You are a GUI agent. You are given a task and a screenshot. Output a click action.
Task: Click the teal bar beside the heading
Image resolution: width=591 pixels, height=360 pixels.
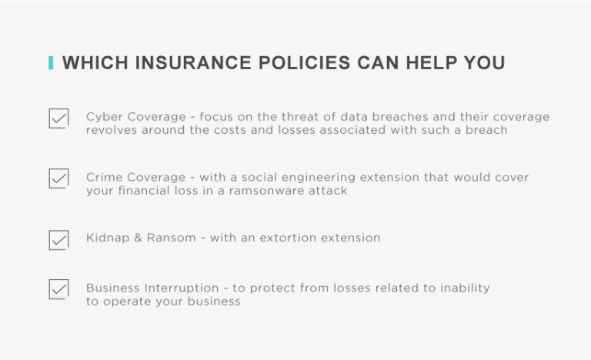pyautogui.click(x=51, y=63)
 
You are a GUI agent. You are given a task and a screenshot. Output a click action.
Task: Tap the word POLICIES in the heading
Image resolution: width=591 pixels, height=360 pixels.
pyautogui.click(x=302, y=63)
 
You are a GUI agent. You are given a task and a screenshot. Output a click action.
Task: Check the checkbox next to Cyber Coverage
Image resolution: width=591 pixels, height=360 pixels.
pyautogui.click(x=58, y=118)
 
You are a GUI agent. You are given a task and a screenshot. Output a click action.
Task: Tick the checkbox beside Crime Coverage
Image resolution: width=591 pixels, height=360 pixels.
pyautogui.click(x=58, y=178)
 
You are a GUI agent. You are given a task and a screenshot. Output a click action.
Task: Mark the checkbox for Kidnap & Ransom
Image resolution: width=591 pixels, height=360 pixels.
pyautogui.click(x=58, y=239)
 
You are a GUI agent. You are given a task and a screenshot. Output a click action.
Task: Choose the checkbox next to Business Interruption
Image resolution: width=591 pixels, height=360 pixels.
pyautogui.click(x=58, y=289)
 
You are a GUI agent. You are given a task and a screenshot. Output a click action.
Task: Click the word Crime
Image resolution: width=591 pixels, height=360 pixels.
pyautogui.click(x=104, y=177)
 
